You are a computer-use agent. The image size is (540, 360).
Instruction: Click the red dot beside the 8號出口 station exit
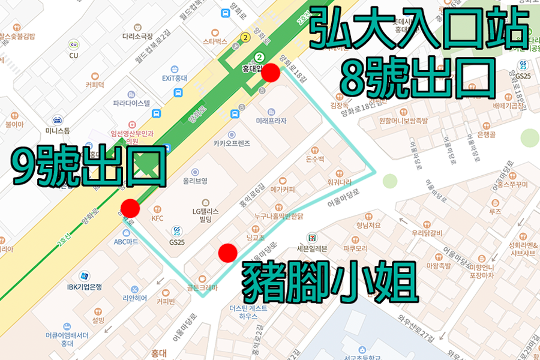tap(272, 73)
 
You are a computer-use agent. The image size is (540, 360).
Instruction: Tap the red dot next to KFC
tap(130, 208)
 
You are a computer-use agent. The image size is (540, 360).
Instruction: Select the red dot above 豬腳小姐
tap(227, 253)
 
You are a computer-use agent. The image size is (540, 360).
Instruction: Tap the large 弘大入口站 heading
tap(418, 28)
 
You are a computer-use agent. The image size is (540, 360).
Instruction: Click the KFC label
tap(157, 218)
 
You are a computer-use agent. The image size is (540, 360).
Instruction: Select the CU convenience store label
tap(74, 55)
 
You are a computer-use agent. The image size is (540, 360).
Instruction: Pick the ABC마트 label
tap(126, 241)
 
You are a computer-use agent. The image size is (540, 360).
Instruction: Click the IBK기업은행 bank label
tap(85, 287)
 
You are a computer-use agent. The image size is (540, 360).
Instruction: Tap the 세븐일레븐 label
tap(311, 248)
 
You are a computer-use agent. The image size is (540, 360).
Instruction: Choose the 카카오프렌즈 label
tap(231, 143)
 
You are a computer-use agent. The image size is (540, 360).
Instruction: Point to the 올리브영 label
tap(196, 181)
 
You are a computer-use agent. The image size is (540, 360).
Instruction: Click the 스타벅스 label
tap(214, 41)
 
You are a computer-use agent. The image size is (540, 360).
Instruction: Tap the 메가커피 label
tap(283, 189)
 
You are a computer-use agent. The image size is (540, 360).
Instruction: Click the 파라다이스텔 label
tap(131, 103)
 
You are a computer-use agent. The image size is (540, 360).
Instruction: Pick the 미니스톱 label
tap(58, 130)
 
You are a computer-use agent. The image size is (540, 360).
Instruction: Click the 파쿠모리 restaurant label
tap(338, 248)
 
